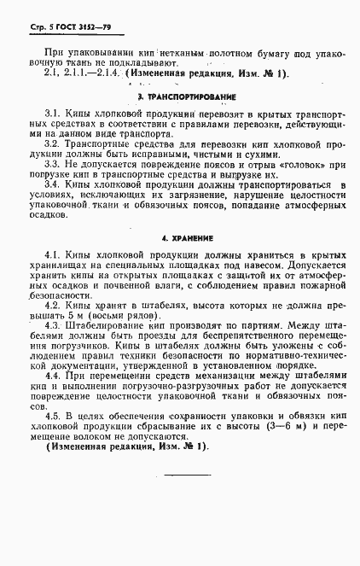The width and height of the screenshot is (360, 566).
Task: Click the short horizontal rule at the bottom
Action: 186,474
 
